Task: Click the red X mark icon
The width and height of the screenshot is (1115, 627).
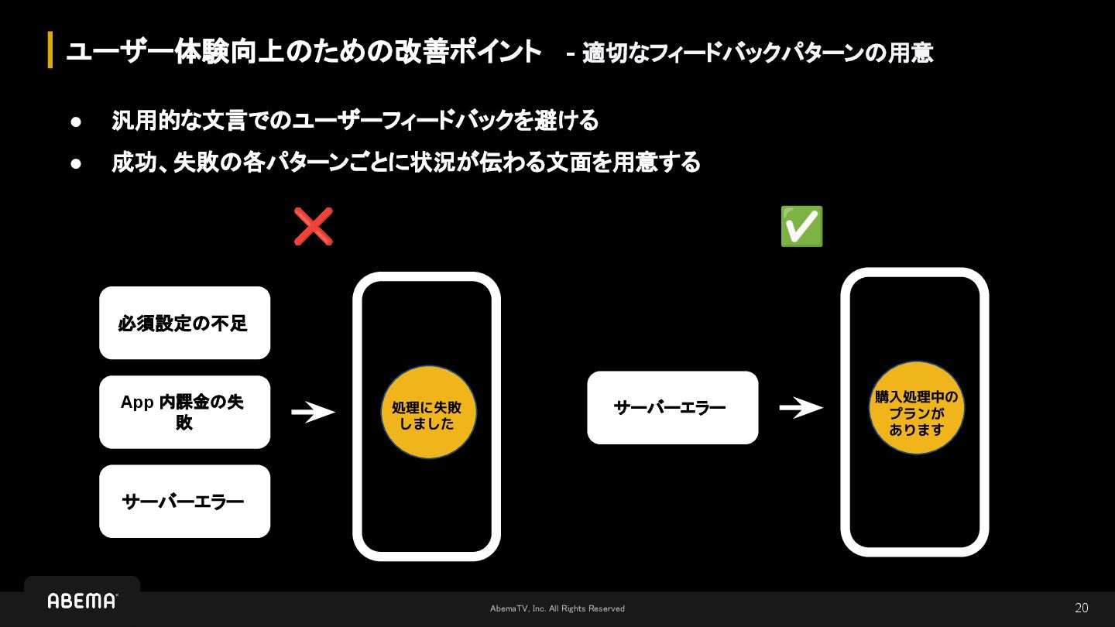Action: pos(314,226)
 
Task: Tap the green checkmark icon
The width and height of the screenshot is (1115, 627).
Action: pos(801,226)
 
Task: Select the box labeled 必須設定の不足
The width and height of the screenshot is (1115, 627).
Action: pos(184,323)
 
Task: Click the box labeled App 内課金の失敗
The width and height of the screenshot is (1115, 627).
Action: pos(184,412)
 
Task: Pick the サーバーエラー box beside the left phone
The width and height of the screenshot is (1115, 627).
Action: pos(184,501)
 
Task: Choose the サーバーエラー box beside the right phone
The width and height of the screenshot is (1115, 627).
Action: pos(672,407)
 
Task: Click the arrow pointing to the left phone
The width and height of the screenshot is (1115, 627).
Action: pos(313,412)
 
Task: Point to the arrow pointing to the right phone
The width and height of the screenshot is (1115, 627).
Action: pos(801,407)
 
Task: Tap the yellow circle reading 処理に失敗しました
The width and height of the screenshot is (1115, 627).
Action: pos(428,412)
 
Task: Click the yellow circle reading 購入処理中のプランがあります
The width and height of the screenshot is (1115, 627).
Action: pos(916,408)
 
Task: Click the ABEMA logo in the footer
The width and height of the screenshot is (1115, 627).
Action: pos(82,601)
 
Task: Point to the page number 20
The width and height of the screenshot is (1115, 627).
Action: pos(1081,608)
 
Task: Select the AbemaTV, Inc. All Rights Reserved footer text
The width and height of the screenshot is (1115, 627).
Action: pos(557,608)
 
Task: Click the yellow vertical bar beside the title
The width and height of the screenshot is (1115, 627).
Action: pos(50,50)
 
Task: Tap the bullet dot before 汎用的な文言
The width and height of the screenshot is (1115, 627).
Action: pos(76,122)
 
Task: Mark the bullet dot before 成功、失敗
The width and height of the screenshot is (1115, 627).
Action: pos(76,163)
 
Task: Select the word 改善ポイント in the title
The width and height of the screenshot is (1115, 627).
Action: pos(465,52)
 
